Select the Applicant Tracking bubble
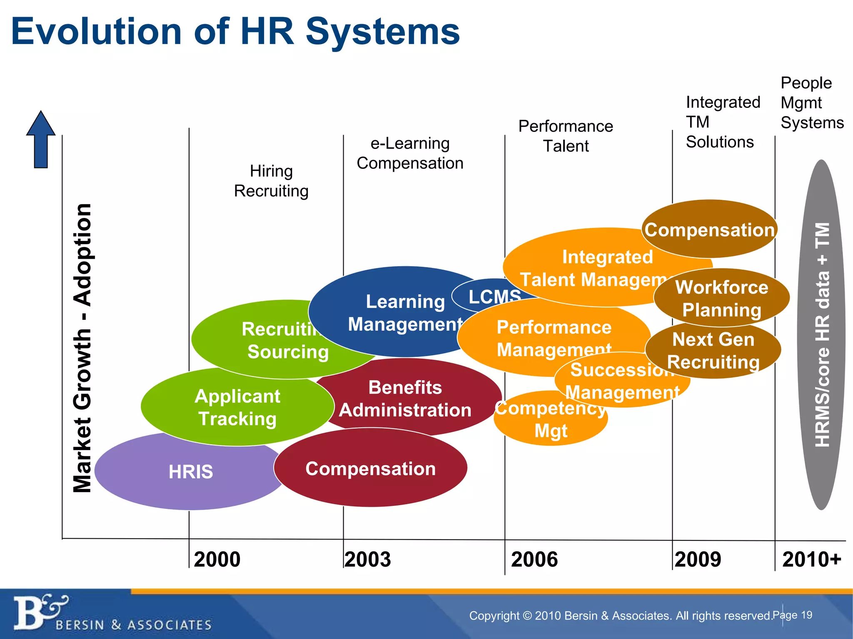pyautogui.click(x=237, y=408)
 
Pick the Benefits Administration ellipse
pyautogui.click(x=405, y=399)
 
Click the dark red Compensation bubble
pyautogui.click(x=370, y=468)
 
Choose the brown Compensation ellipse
pyautogui.click(x=709, y=230)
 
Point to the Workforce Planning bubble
pyautogui.click(x=722, y=298)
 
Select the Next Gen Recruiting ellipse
pyautogui.click(x=713, y=351)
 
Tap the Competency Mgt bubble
pyautogui.click(x=551, y=420)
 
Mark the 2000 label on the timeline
pyautogui.click(x=217, y=559)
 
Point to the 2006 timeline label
pyautogui.click(x=534, y=559)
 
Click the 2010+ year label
pyautogui.click(x=811, y=559)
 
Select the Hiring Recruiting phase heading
pyautogui.click(x=271, y=181)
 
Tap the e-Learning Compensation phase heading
pyautogui.click(x=410, y=153)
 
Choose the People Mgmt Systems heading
pyautogui.click(x=812, y=103)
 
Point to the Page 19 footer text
pyautogui.click(x=792, y=615)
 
